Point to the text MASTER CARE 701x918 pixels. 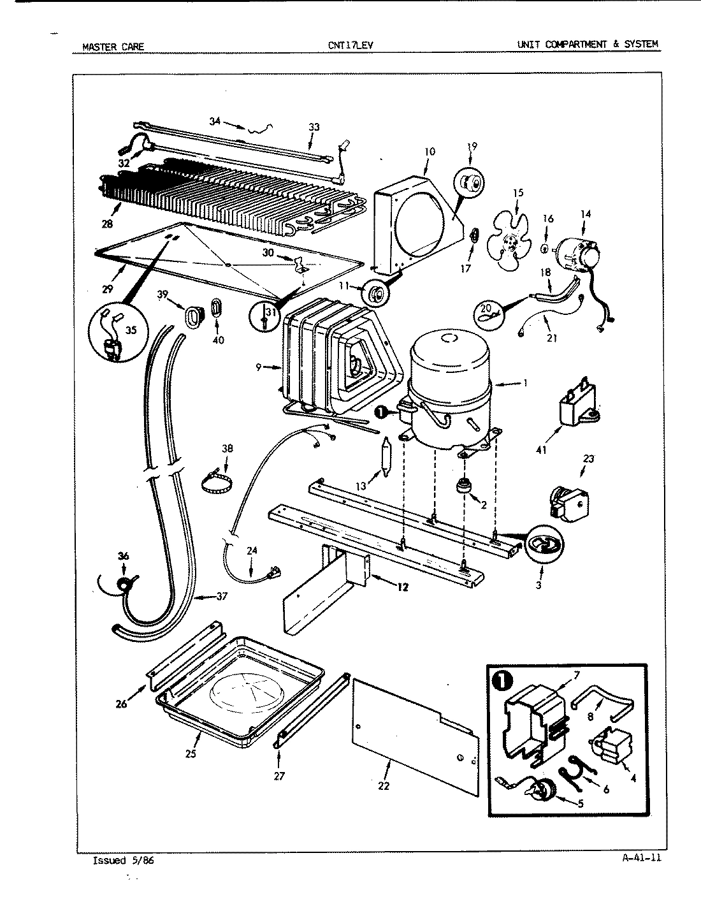tap(113, 46)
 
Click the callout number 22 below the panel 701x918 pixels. tap(384, 785)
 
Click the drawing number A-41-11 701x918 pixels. tap(641, 857)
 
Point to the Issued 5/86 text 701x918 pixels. tap(123, 860)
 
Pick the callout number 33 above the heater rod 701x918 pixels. tap(314, 127)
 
